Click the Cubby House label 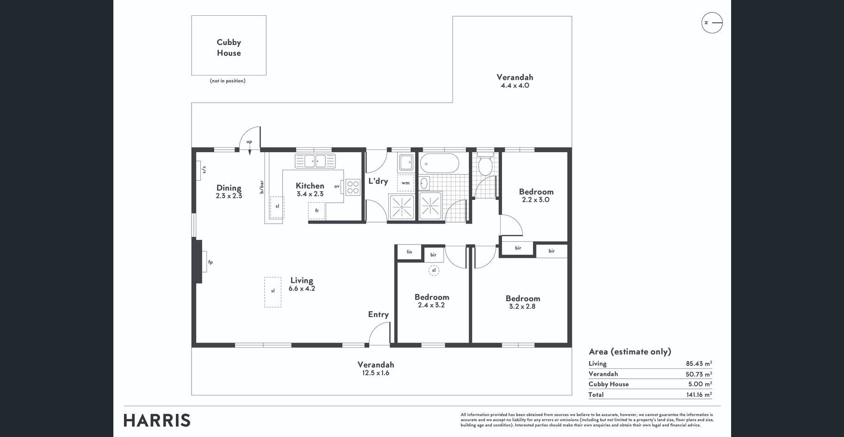point(229,47)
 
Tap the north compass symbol point(712,23)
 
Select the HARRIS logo point(157,420)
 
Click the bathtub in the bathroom point(439,163)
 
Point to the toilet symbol point(485,165)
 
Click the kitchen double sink point(315,161)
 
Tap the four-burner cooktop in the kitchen point(353,187)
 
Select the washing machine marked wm point(405,183)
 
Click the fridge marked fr point(317,211)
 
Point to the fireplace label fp point(210,262)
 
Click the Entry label point(378,314)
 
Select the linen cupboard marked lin point(409,252)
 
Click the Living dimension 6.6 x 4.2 point(302,288)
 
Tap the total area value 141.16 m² point(699,394)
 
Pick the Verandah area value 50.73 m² point(699,374)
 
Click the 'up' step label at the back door point(249,142)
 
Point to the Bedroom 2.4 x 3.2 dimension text point(431,305)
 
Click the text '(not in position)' point(228,81)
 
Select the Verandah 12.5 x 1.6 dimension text point(376,373)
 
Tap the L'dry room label point(378,181)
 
